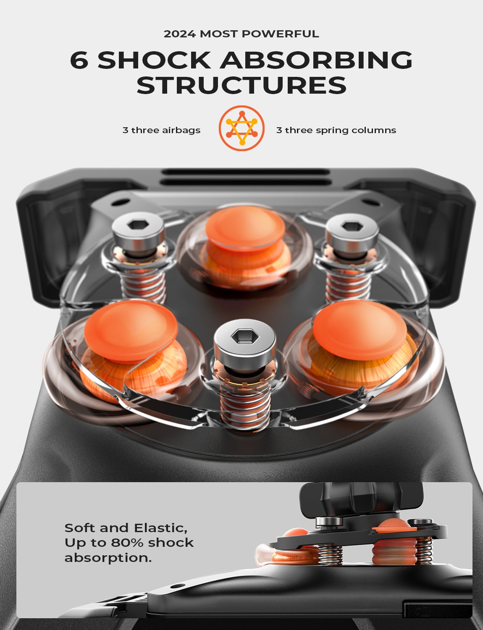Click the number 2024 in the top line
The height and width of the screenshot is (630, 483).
180,34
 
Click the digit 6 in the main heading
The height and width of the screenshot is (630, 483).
79,60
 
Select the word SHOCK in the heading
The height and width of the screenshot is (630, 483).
154,60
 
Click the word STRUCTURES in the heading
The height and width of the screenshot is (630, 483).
241,85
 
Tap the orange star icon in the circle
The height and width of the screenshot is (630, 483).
241,128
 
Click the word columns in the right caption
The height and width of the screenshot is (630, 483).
374,130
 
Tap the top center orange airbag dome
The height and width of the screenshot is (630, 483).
245,227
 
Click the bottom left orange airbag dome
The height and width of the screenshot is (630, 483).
131,331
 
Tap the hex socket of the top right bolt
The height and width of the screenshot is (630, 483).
352,226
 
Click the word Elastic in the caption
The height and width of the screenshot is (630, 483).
160,528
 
